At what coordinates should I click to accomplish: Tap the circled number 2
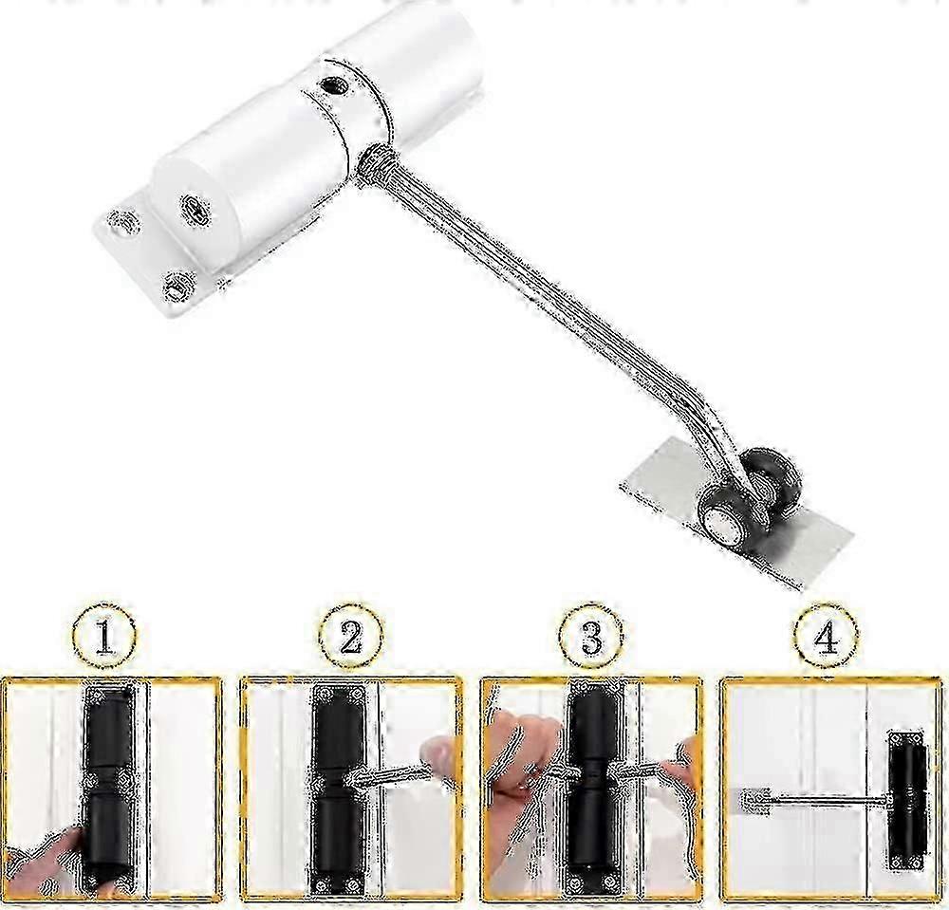(351, 637)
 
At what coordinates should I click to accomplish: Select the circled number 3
(590, 637)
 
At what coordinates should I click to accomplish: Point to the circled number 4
(826, 637)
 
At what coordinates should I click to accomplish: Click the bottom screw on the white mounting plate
(178, 285)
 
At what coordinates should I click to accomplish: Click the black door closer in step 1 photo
(108, 789)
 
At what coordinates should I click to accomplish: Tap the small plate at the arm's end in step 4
(754, 803)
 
